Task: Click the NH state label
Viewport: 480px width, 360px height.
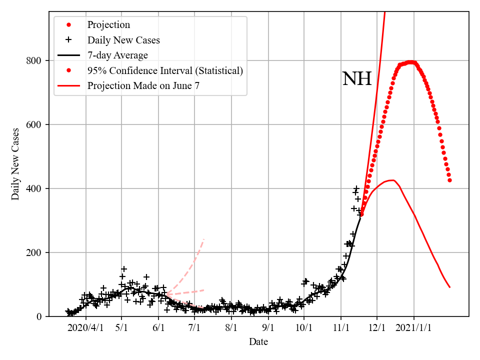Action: [357, 79]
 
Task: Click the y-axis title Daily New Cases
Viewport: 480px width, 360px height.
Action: [15, 164]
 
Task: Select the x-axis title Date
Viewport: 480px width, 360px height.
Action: [258, 342]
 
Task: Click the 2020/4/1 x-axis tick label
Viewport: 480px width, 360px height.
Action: [85, 328]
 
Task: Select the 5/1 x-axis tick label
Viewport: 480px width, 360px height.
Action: [121, 328]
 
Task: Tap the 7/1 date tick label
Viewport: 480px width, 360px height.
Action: [195, 328]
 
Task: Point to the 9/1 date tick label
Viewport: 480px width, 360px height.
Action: [268, 328]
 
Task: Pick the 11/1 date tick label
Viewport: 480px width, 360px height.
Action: [341, 328]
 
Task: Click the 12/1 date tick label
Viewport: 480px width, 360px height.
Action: [377, 328]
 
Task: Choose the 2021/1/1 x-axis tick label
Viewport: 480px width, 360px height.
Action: [414, 328]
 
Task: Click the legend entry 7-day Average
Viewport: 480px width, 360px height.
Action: [117, 55]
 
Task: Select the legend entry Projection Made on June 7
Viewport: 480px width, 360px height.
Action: [143, 85]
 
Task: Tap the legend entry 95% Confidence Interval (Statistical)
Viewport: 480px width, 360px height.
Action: [165, 70]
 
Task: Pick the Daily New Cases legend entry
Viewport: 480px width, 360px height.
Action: [123, 40]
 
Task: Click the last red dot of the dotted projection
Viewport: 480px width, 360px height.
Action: [449, 180]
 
